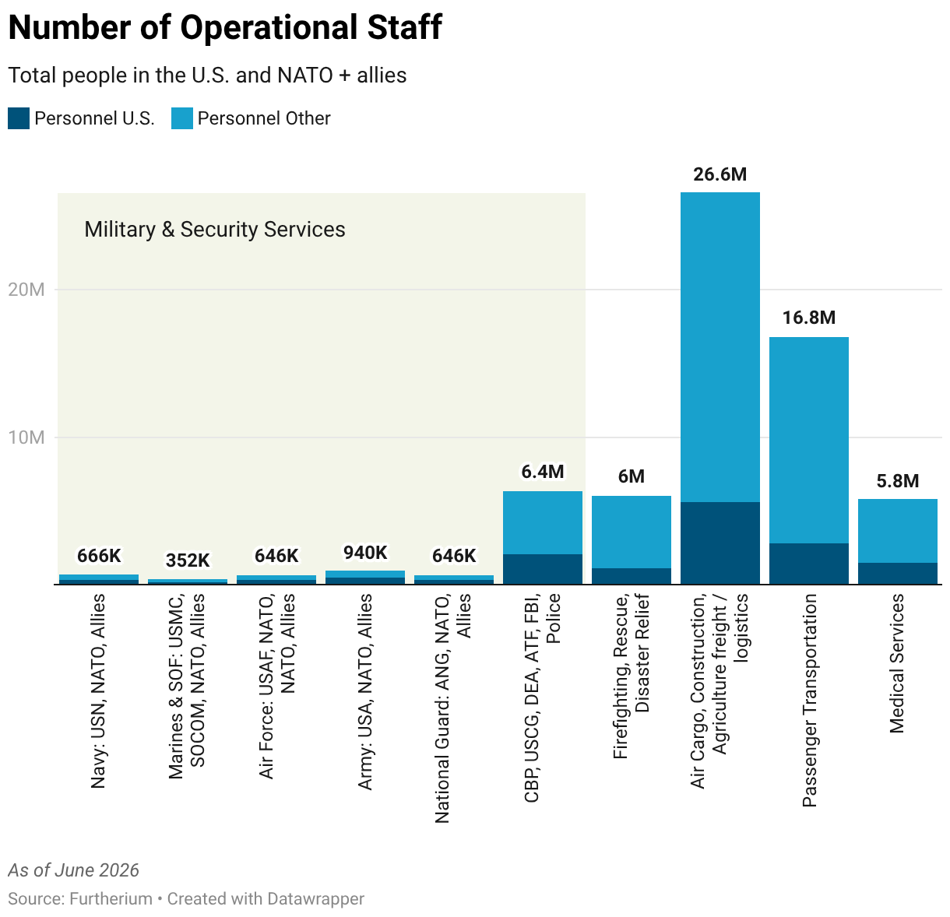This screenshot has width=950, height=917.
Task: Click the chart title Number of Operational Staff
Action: click(x=225, y=27)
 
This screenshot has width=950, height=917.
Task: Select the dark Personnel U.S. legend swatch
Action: click(x=19, y=118)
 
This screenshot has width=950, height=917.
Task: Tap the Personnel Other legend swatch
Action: click(x=181, y=118)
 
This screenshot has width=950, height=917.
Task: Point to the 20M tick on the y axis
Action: click(x=26, y=290)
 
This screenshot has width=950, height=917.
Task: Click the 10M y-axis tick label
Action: click(x=26, y=437)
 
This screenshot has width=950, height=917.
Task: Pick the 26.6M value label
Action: click(x=720, y=174)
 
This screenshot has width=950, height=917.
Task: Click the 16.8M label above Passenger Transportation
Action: click(x=808, y=318)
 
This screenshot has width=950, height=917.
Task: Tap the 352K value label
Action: click(x=188, y=560)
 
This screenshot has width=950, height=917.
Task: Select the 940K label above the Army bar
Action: click(x=365, y=553)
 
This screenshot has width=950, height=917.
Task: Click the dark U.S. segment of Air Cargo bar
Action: click(x=720, y=543)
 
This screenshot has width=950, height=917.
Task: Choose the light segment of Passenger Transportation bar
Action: click(x=808, y=440)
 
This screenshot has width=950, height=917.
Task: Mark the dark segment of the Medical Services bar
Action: click(x=897, y=573)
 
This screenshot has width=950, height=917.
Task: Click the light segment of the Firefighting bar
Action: click(x=631, y=532)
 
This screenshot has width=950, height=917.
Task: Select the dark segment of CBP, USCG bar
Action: click(x=542, y=569)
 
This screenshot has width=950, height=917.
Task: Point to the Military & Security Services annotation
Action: click(x=215, y=230)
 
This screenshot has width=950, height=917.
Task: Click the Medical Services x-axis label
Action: click(x=897, y=663)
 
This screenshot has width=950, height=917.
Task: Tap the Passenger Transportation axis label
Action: click(x=809, y=701)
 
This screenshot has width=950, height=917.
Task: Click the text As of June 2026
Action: click(x=73, y=870)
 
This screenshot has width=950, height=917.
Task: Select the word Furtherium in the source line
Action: click(x=111, y=899)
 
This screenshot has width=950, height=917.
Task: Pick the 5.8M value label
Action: click(x=897, y=481)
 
